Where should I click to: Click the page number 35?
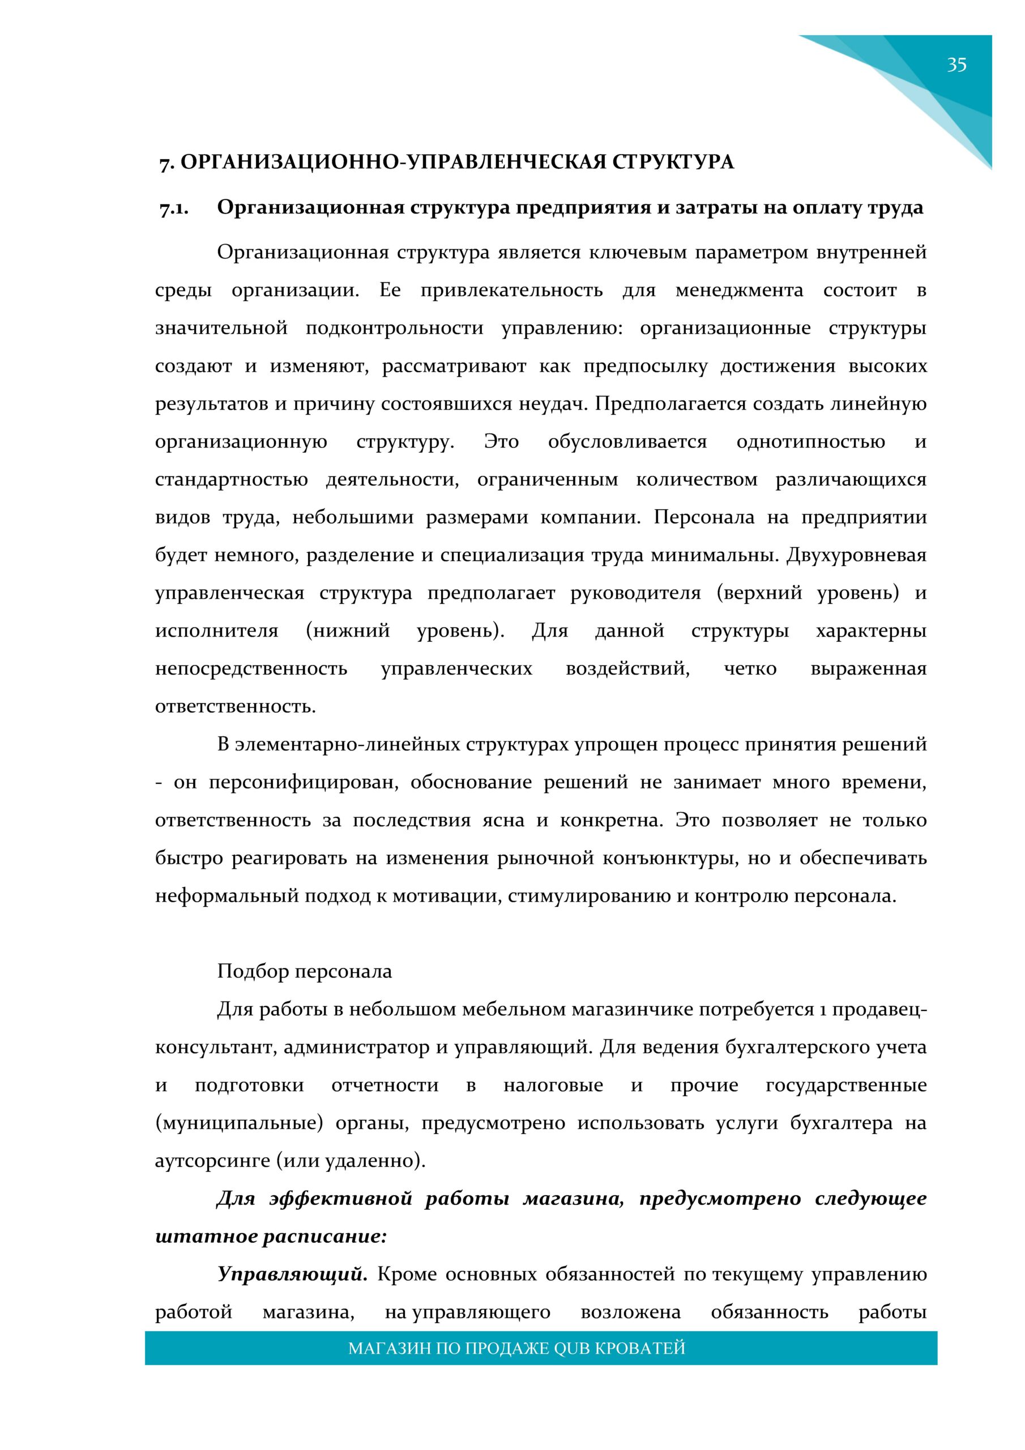coord(956,65)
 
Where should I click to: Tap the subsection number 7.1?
coord(174,208)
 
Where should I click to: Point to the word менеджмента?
coord(739,291)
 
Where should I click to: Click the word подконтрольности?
coord(395,329)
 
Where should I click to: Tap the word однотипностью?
coord(810,442)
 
